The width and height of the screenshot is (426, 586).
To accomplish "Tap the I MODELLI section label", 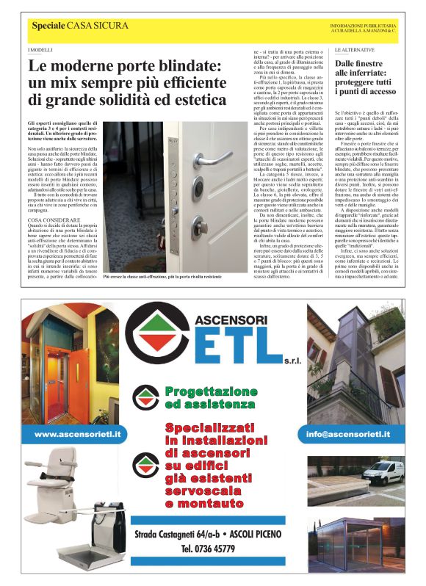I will [41, 49].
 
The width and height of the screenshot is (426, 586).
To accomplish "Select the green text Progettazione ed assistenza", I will [209, 397].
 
